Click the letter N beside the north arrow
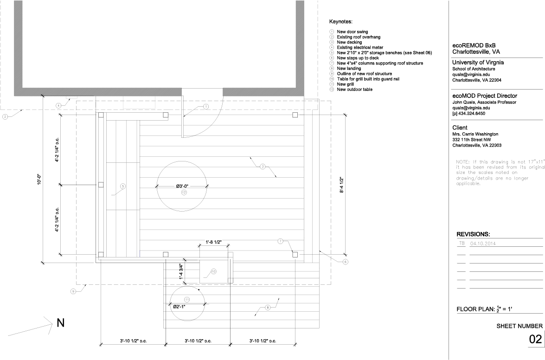pyautogui.click(x=60, y=323)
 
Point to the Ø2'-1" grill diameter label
pyautogui.click(x=179, y=307)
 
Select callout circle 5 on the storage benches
pyautogui.click(x=123, y=186)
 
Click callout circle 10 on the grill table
pyautogui.click(x=213, y=272)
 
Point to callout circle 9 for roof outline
pyautogui.click(x=73, y=291)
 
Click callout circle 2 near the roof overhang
pyautogui.click(x=5, y=116)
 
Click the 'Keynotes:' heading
pyautogui.click(x=341, y=22)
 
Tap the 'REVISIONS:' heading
pyautogui.click(x=473, y=235)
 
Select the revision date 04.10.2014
pyautogui.click(x=485, y=243)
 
